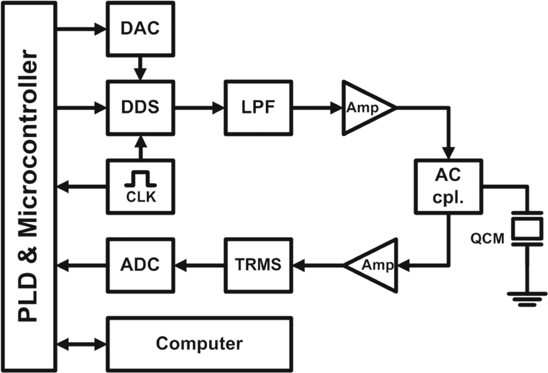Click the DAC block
point(141,28)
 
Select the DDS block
point(141,108)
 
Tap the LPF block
point(258,108)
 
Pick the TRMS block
point(258,264)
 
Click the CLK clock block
point(141,187)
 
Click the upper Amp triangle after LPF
point(363,108)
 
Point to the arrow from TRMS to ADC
point(199,264)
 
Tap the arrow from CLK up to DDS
point(141,148)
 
